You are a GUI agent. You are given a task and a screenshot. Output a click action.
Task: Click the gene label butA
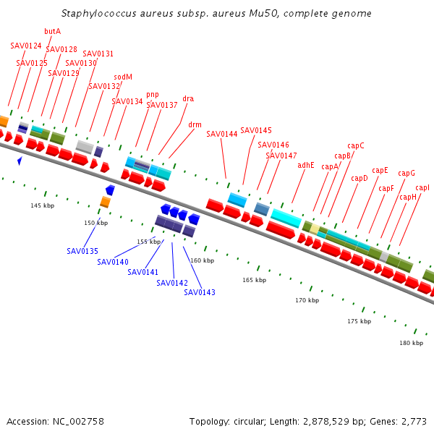[x=52, y=31]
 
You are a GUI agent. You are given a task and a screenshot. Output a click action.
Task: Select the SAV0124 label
[x=26, y=46]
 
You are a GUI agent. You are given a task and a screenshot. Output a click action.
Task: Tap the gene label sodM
[x=123, y=77]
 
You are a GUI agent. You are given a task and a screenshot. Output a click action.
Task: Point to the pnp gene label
[x=152, y=94]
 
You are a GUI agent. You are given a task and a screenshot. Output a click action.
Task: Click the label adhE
[x=306, y=165]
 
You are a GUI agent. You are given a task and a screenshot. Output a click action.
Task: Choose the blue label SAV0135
[x=82, y=251]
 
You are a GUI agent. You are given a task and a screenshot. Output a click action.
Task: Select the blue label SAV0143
[x=200, y=292]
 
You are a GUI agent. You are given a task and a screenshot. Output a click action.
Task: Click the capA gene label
[x=330, y=166]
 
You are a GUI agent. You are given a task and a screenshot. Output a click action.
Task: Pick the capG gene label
[x=407, y=173]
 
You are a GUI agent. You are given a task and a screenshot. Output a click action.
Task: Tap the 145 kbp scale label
[x=42, y=205]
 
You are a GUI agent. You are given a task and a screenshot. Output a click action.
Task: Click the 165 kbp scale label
[x=254, y=280]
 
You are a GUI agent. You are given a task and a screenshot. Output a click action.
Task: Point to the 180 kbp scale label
[x=411, y=343]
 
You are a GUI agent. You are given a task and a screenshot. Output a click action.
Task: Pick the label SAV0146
[x=273, y=145]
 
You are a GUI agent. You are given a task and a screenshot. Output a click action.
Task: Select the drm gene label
[x=195, y=124]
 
